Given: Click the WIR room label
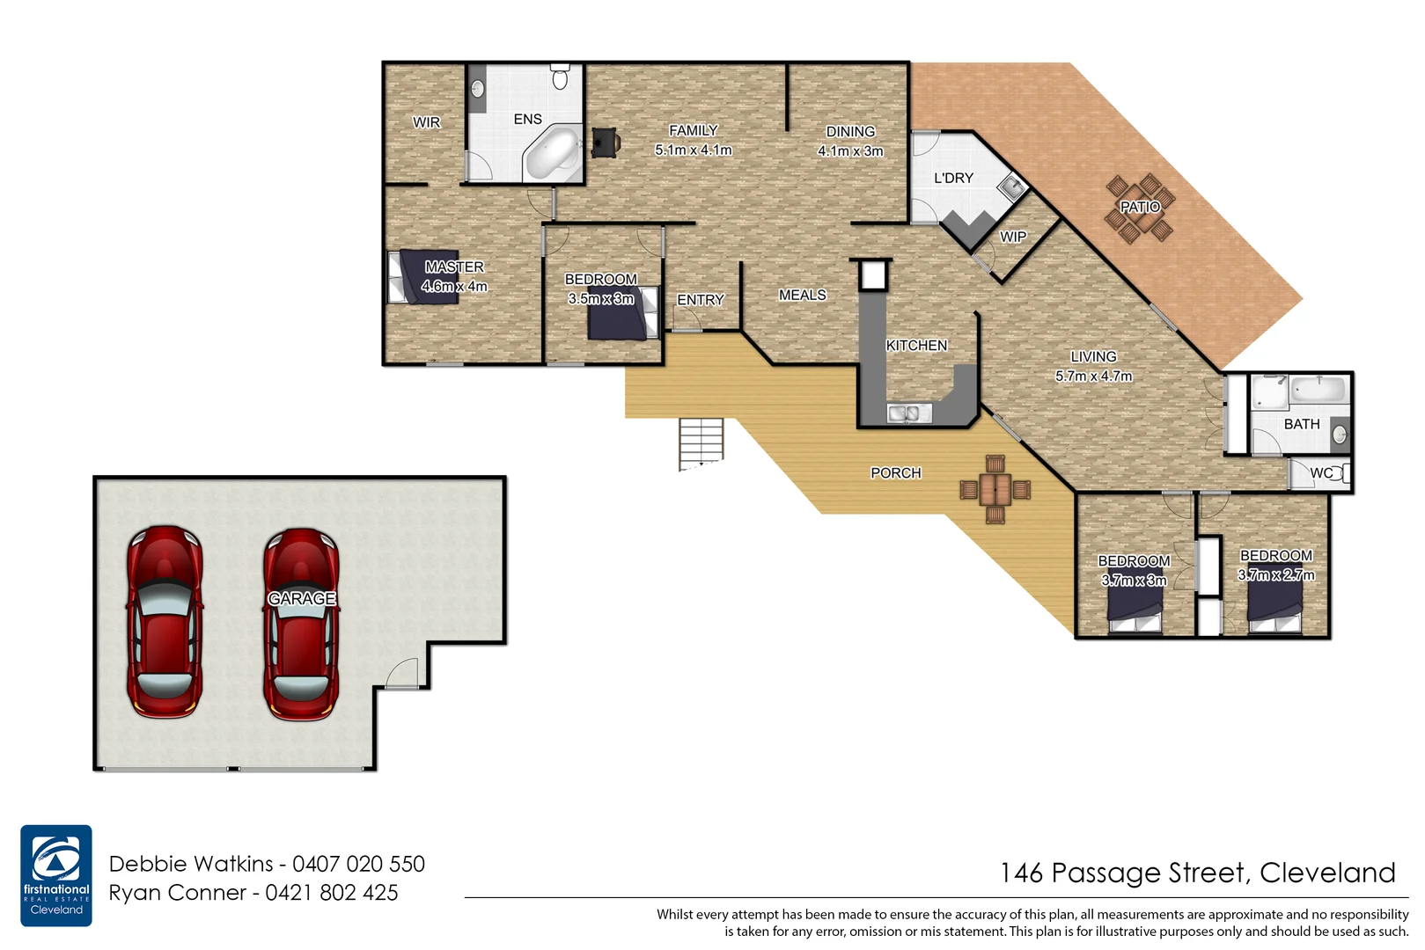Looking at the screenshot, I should pos(427,122).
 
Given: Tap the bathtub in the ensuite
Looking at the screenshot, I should pos(552,153).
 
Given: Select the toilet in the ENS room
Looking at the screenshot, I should pos(560,77).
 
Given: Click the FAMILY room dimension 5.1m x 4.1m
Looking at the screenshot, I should pos(694,150).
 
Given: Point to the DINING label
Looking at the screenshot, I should pos(850,132).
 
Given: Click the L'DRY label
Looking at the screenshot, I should pos(953,178).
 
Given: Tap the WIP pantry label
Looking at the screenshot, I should pos(1013,237).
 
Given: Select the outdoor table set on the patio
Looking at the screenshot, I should pos(1140,208).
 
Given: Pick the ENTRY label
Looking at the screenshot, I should pos(701,300).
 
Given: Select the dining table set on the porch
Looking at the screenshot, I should pos(995,489).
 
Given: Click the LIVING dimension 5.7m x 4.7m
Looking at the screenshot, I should pos(1094,376).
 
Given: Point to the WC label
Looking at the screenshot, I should pos(1320,473).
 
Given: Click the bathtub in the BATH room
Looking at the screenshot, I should pos(1318,390).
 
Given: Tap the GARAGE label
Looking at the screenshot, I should pos(302,599).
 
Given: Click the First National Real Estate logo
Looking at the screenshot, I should pos(56,875).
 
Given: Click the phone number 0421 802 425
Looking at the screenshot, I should pos(332,893).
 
